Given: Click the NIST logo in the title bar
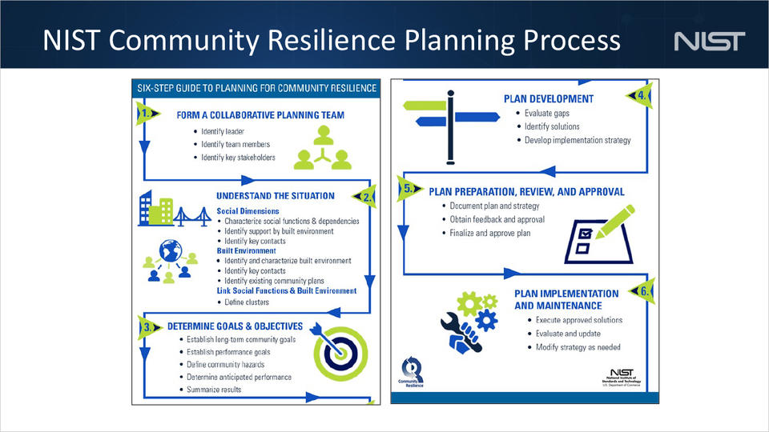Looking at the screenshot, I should tap(710, 41).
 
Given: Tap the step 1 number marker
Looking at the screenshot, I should tap(146, 113).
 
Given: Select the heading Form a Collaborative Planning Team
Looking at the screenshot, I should tap(260, 115).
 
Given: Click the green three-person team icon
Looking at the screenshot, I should tap(322, 148).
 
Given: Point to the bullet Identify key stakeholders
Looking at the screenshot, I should tap(238, 158).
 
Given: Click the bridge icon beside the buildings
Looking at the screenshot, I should tap(192, 216).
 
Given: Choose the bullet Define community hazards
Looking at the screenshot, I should tap(231, 364).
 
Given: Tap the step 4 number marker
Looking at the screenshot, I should tap(643, 95).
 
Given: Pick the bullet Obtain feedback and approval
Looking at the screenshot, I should tap(497, 219).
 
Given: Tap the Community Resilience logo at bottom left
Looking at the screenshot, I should tap(414, 373).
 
